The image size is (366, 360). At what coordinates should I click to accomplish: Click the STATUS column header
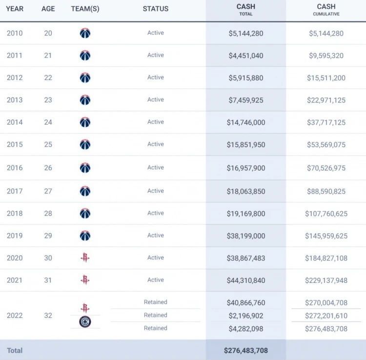156,9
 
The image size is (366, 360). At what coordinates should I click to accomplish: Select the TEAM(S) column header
85,9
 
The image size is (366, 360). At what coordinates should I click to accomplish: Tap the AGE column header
48,9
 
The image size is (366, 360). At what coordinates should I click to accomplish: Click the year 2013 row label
15,100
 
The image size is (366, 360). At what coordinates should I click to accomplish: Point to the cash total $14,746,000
246,122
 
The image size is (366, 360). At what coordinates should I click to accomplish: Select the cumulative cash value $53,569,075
326,145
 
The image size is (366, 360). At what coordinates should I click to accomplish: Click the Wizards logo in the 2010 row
85,33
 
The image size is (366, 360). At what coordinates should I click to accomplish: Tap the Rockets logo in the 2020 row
85,258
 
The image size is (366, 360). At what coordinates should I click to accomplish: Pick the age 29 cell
48,236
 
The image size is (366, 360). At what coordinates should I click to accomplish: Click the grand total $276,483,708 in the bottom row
246,350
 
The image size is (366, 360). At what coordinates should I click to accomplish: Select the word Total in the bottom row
15,350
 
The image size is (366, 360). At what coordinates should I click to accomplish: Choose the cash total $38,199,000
246,236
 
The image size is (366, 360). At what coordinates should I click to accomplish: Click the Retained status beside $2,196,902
156,315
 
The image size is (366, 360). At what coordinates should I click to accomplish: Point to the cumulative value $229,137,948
326,280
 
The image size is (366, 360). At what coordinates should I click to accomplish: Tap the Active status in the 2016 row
156,167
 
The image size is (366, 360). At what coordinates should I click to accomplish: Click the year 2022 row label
15,316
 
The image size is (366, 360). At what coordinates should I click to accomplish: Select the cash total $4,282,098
246,329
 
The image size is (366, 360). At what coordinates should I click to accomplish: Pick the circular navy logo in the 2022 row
85,322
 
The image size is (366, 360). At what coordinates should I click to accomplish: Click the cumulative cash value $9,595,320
326,56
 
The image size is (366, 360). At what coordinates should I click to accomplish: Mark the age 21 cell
48,56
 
